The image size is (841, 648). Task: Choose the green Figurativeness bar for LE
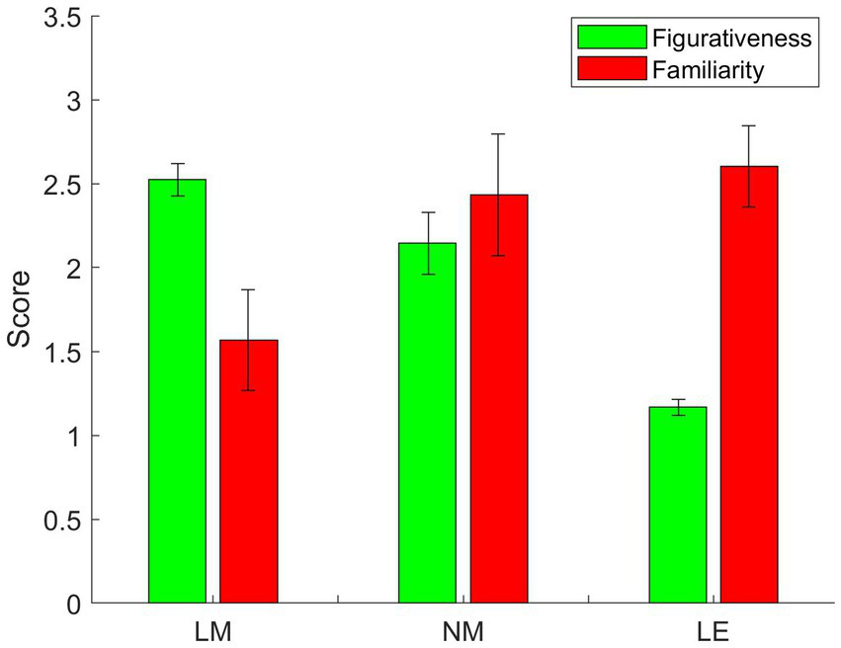[678, 505]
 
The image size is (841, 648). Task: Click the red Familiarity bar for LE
[749, 384]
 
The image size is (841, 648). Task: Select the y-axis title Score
[20, 309]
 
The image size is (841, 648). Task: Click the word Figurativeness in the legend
[730, 39]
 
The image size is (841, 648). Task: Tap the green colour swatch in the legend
[612, 39]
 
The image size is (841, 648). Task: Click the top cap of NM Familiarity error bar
[499, 133]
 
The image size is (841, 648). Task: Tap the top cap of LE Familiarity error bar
[749, 125]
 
